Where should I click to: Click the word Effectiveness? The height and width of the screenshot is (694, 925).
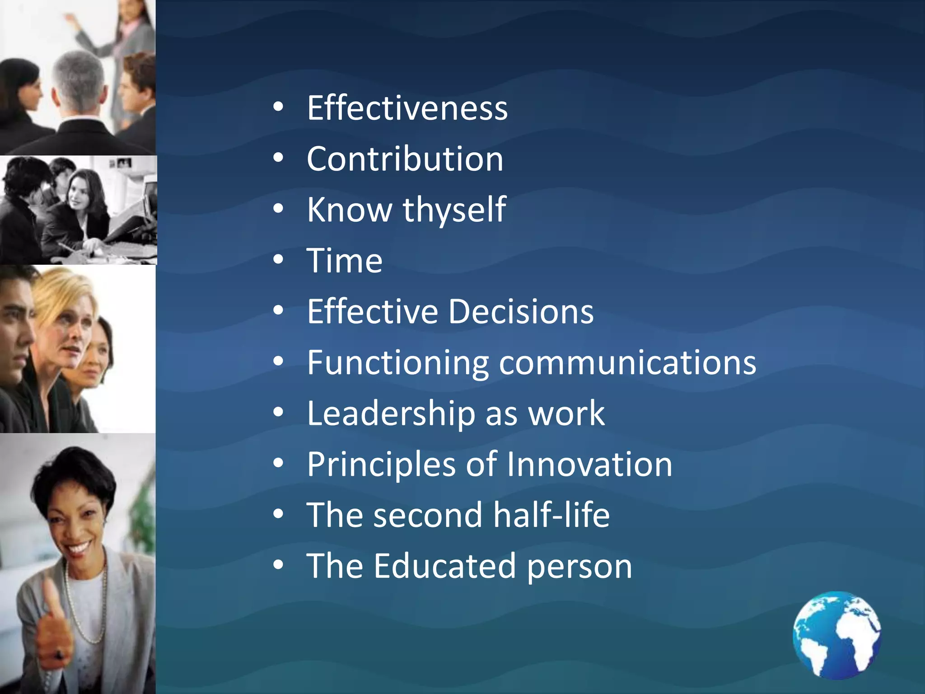tap(407, 108)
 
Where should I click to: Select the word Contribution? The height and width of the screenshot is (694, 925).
tap(405, 159)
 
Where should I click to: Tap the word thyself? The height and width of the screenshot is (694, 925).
tap(454, 210)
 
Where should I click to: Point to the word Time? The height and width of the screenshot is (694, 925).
tap(344, 261)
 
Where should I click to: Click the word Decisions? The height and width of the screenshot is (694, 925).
tap(521, 312)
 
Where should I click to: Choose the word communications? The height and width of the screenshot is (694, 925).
tap(627, 362)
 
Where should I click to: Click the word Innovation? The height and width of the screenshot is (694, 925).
tap(589, 464)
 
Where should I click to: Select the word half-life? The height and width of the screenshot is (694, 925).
tap(551, 515)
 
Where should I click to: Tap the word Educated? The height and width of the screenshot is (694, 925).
tap(444, 566)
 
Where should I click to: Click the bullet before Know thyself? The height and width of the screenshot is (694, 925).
tap(278, 209)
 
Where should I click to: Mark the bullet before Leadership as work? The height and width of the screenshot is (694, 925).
tap(278, 412)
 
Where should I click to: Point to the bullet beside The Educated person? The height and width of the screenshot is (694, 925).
tap(278, 565)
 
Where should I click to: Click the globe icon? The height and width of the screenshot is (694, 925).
tap(836, 634)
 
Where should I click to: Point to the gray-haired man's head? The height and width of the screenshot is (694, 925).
tap(79, 81)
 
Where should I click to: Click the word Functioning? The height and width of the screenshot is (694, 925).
tap(397, 363)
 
